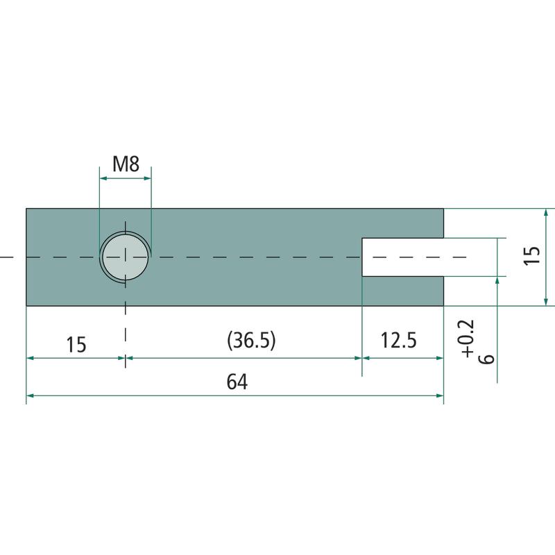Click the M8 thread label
tap(126, 164)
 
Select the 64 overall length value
tap(237, 382)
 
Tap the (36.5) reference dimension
tap(251, 341)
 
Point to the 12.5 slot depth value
tap(398, 340)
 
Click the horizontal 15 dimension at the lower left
tap(76, 344)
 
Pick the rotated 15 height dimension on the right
tap(532, 255)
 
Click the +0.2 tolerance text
tap(466, 339)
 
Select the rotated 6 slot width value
tap(486, 358)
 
